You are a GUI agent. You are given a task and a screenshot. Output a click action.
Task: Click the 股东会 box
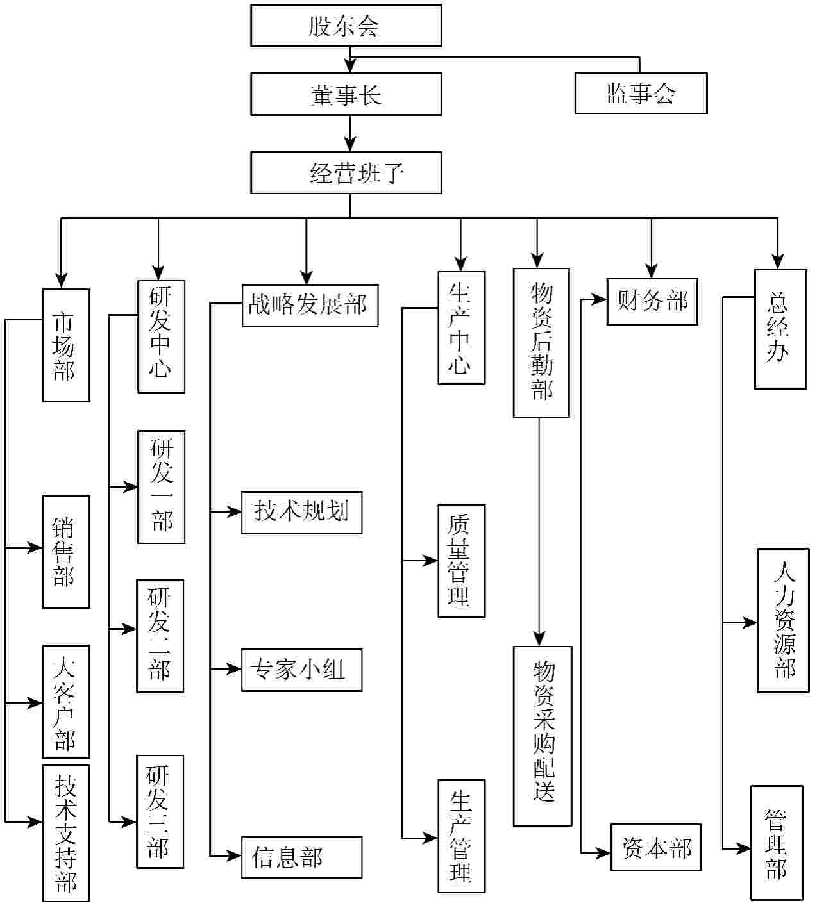pyautogui.click(x=346, y=26)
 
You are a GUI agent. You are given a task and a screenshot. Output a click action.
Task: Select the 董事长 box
pyautogui.click(x=346, y=94)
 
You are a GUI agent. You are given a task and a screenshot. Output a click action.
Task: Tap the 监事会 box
pyautogui.click(x=641, y=94)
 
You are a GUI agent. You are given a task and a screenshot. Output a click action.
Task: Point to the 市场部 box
pyautogui.click(x=66, y=345)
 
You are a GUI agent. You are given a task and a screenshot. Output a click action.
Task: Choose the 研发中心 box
pyautogui.click(x=161, y=336)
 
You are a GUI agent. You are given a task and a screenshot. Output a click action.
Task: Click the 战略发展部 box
pyautogui.click(x=310, y=305)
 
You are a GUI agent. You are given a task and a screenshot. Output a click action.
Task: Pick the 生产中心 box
pyautogui.click(x=461, y=328)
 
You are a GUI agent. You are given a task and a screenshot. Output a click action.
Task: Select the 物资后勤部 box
pyautogui.click(x=541, y=343)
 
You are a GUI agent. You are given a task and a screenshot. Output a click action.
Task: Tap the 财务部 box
pyautogui.click(x=652, y=301)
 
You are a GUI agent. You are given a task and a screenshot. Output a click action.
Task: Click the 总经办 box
pyautogui.click(x=780, y=329)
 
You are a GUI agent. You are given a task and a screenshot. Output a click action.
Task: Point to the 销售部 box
pyautogui.click(x=66, y=552)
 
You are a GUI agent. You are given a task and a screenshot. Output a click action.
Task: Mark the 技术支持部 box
pyautogui.click(x=66, y=833)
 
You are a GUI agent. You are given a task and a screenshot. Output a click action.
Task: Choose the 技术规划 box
pyautogui.click(x=301, y=513)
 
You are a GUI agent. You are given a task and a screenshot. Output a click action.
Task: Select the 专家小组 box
pyautogui.click(x=301, y=670)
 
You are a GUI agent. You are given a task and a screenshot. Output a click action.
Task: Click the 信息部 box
pyautogui.click(x=301, y=857)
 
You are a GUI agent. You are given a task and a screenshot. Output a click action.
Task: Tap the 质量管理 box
pyautogui.click(x=461, y=561)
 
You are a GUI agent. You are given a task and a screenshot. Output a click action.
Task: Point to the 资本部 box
pyautogui.click(x=656, y=847)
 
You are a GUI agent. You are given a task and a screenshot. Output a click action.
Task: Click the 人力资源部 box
pyautogui.click(x=783, y=620)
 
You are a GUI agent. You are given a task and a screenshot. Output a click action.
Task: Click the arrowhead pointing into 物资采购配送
pyautogui.click(x=539, y=639)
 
